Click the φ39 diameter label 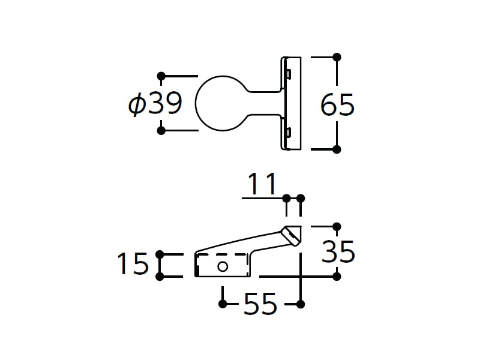(155, 103)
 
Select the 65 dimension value (337, 104)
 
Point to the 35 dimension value (338, 251)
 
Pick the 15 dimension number (133, 263)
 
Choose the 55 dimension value (260, 304)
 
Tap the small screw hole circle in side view (223, 266)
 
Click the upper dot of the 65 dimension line (337, 57)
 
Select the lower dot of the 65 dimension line (337, 149)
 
